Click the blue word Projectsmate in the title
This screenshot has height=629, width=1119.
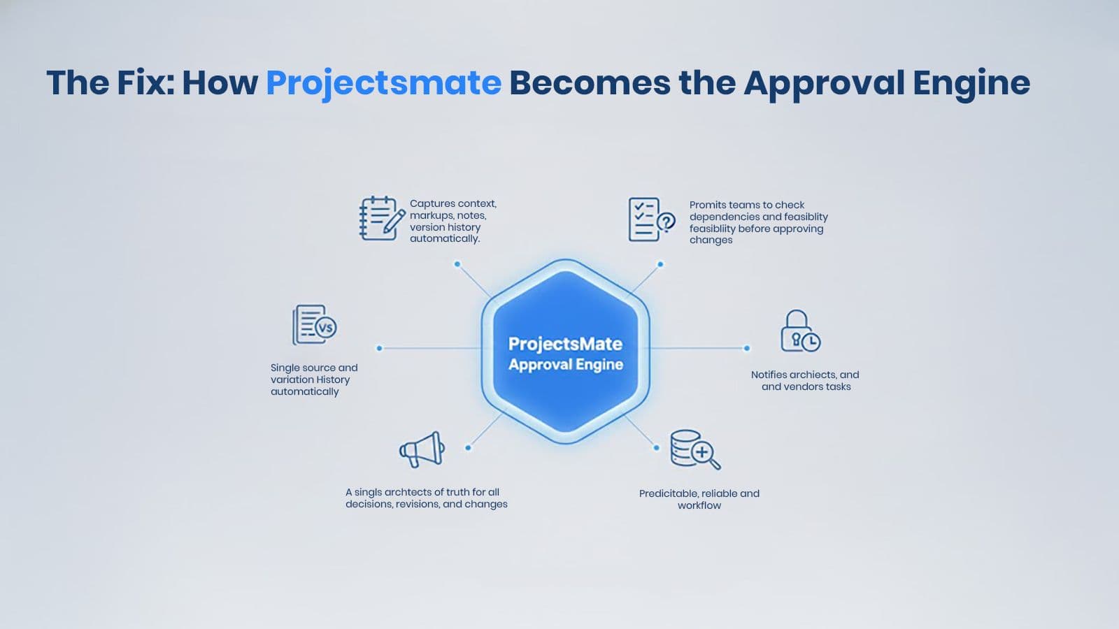[384, 83]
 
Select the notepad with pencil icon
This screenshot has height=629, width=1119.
[382, 219]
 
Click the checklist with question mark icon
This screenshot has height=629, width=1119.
[652, 219]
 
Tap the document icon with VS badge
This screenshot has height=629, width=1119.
[314, 325]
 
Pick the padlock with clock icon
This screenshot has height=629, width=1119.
[800, 331]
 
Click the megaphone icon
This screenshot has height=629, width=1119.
[422, 449]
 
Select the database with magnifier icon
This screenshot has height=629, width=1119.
[695, 449]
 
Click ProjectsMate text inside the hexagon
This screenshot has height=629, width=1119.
[565, 344]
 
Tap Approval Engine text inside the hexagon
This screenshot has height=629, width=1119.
[566, 364]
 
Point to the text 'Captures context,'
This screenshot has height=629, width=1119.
[453, 203]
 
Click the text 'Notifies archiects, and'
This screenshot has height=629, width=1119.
[805, 375]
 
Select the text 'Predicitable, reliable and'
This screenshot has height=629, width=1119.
[699, 493]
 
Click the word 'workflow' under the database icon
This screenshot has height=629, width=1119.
[699, 505]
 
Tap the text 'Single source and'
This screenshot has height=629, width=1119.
[314, 368]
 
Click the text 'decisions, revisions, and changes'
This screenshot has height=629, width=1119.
[426, 504]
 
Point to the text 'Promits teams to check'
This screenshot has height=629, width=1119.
[747, 205]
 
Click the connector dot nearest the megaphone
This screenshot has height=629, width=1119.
[468, 448]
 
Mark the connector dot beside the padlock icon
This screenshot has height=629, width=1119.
[747, 349]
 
